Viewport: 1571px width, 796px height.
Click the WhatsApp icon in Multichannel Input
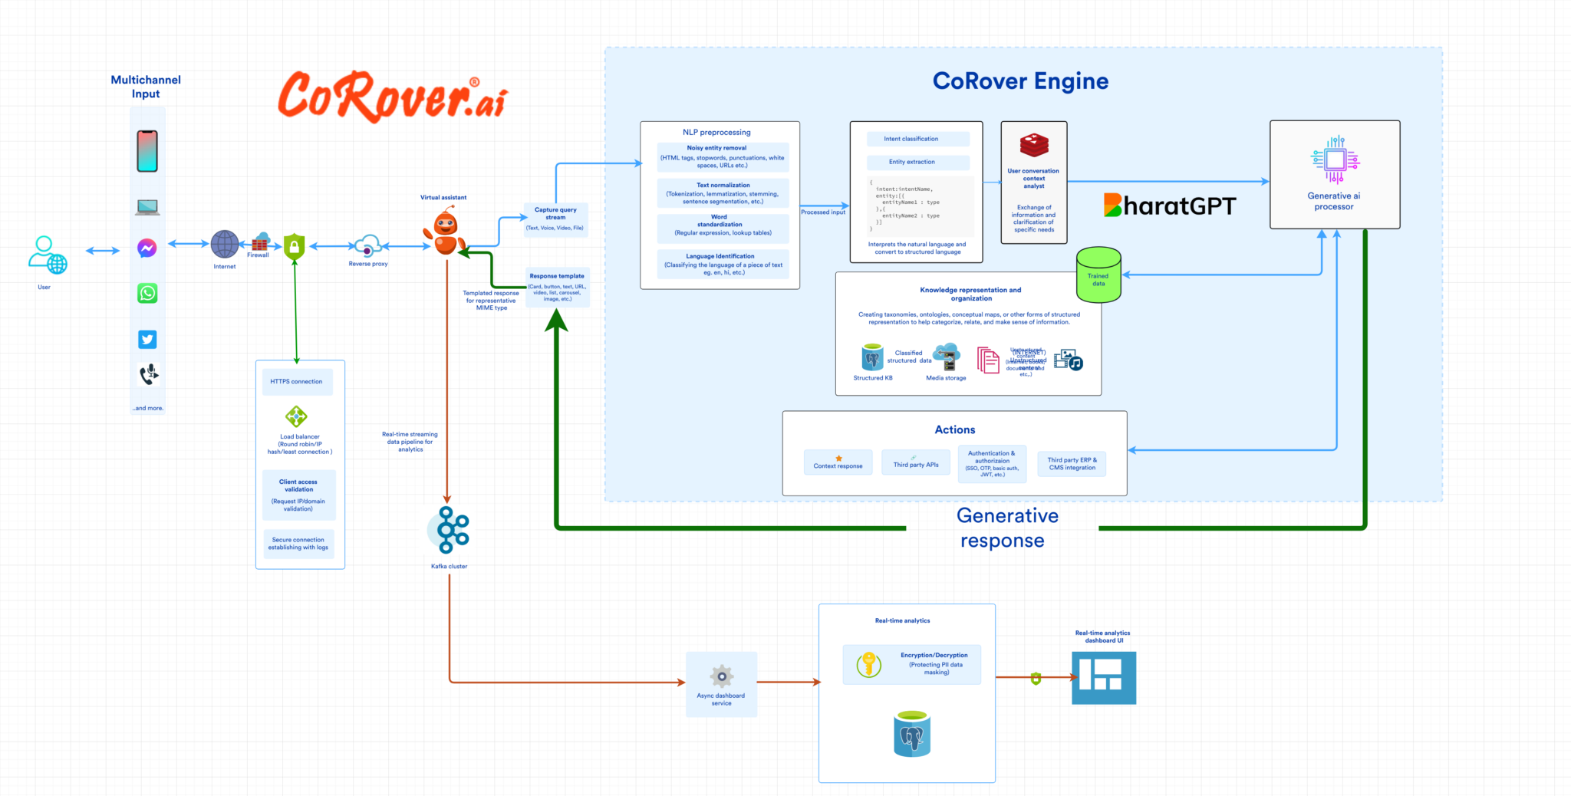147,293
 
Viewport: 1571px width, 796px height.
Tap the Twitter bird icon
147,339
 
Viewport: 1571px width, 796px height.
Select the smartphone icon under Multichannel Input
147,151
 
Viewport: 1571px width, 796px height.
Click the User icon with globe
47,255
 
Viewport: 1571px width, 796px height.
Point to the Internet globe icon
225,245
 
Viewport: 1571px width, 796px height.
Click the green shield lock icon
295,246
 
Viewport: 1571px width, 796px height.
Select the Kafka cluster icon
450,530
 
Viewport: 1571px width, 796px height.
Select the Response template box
558,288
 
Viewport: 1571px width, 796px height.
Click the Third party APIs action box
916,462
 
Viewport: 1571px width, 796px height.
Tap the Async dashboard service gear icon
721,676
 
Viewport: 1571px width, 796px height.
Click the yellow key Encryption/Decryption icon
869,663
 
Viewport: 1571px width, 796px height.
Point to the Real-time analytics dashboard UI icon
1103,677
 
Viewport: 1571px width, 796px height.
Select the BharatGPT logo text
1169,206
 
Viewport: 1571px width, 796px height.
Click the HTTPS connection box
297,381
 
